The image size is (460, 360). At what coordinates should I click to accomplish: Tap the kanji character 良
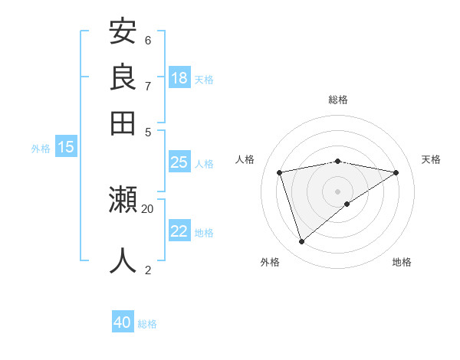tap(123, 77)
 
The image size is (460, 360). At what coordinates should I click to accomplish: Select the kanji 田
tap(123, 123)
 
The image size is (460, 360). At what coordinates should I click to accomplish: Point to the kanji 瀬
tap(123, 201)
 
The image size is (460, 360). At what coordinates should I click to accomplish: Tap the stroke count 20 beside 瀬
tap(148, 208)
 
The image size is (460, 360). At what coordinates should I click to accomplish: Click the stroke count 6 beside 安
tap(148, 40)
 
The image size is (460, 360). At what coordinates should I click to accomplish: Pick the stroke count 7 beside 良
tap(148, 86)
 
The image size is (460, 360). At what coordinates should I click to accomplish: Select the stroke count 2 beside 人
tap(148, 270)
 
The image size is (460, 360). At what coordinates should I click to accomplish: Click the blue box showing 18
tap(179, 78)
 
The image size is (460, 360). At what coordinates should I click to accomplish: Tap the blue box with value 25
tap(179, 162)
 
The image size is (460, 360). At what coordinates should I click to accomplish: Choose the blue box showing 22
tap(179, 231)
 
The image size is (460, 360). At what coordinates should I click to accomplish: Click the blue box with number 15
tap(66, 148)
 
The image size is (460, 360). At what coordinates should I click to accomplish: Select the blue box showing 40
tap(123, 322)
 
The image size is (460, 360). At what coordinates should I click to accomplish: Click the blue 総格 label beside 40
tap(147, 324)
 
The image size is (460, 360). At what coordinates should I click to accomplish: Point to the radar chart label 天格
tap(432, 159)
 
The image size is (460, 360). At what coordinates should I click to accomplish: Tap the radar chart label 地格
tap(402, 262)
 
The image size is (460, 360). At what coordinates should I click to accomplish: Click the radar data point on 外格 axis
tap(301, 241)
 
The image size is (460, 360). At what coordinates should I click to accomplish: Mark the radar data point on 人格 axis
tap(280, 172)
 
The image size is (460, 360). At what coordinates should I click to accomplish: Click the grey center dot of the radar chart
tap(337, 191)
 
